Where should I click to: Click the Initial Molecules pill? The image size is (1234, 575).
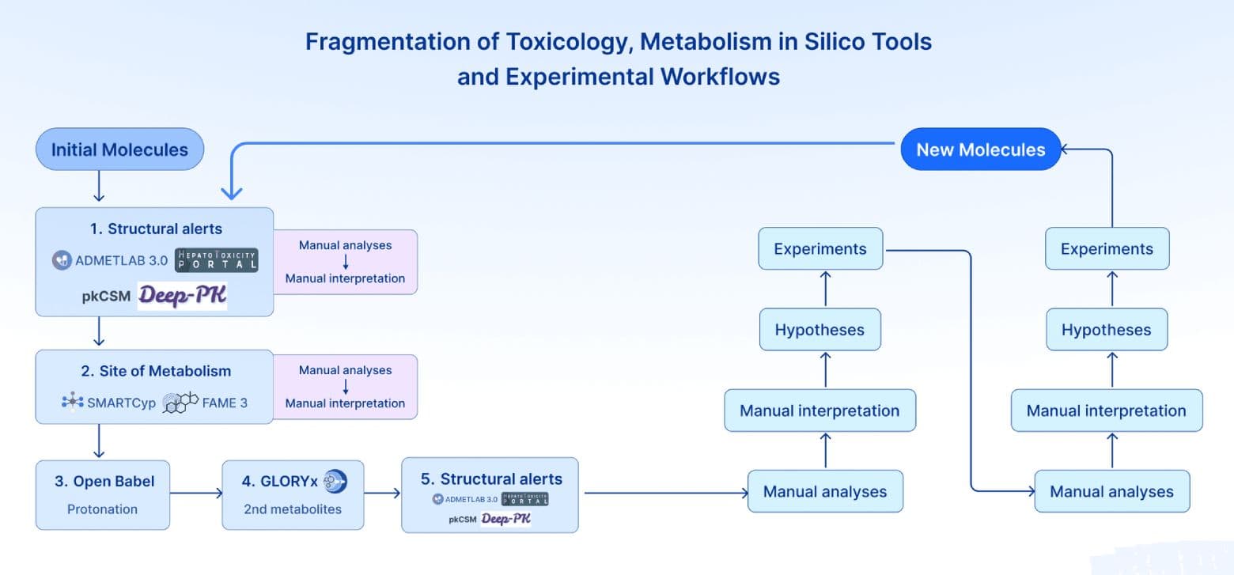coord(119,149)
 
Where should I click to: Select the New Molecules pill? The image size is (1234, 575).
coord(980,149)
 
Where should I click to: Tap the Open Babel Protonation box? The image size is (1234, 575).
coord(102,495)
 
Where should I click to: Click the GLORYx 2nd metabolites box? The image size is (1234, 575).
coord(293,495)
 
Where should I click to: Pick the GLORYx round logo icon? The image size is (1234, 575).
coord(335,481)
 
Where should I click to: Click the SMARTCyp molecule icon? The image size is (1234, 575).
coord(73,403)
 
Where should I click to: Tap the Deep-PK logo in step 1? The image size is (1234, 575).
coord(182,296)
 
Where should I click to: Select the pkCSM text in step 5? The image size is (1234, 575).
coord(462,519)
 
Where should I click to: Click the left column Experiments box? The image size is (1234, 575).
coord(820,248)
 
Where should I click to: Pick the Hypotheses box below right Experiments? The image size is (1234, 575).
coord(1106,330)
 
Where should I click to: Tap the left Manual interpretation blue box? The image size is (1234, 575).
coord(820,410)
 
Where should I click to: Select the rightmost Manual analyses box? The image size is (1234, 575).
coord(1111,491)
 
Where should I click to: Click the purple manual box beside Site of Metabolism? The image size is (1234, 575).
coord(345,387)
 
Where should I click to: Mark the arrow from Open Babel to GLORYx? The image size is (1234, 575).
coord(196,494)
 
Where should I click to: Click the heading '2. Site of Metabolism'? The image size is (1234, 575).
coord(155,371)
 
